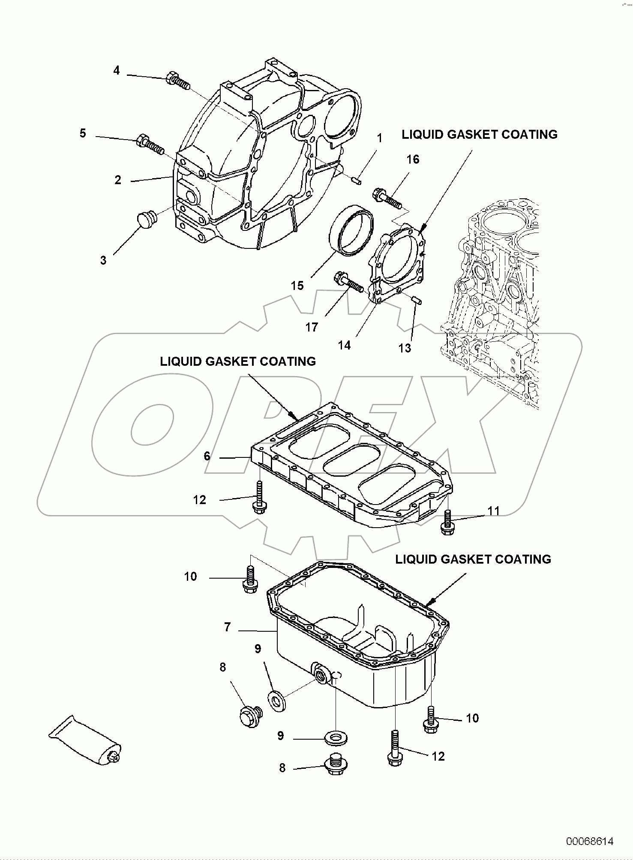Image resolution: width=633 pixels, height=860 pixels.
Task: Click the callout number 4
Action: (117, 70)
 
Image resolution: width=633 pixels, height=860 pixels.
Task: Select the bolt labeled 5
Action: (150, 145)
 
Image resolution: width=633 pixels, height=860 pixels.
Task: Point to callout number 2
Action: (118, 180)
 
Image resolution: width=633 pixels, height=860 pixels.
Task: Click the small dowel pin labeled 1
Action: (356, 180)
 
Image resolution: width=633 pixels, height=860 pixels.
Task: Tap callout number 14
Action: (344, 345)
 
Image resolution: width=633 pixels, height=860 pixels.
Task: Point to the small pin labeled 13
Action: (417, 301)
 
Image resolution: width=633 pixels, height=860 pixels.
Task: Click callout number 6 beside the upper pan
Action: (207, 456)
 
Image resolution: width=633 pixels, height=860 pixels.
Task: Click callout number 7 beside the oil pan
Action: (228, 627)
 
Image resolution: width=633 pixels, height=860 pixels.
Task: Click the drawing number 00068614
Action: (590, 841)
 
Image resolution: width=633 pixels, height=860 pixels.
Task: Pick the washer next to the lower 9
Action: (336, 738)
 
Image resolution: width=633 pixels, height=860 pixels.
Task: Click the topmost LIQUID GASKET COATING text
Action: (479, 134)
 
